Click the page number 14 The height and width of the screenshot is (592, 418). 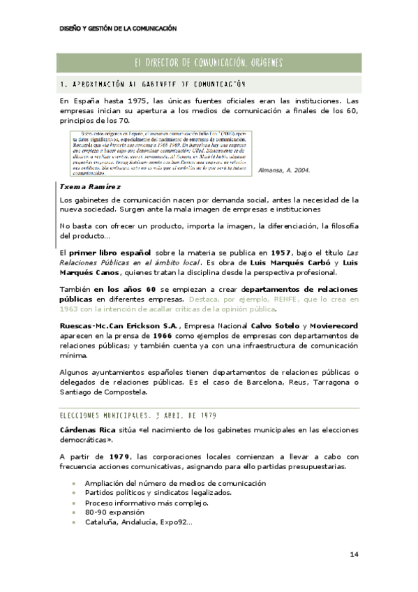coord(354,554)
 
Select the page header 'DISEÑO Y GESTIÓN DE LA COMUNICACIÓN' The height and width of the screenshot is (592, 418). coord(118,29)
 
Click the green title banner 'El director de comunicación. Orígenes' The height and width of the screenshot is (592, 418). coord(209,63)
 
